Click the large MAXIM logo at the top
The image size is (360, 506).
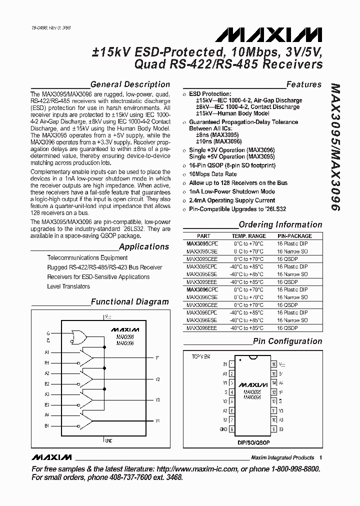[x=268, y=34]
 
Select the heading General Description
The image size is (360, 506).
[x=130, y=84]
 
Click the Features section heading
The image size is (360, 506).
[x=303, y=84]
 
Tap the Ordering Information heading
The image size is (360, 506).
[x=280, y=225]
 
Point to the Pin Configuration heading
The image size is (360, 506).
[x=287, y=341]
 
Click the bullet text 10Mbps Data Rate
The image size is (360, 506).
[x=212, y=174]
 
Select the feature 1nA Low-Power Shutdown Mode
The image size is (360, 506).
[x=232, y=191]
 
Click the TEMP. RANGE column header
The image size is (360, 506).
[x=248, y=236]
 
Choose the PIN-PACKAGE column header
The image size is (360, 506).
[x=294, y=236]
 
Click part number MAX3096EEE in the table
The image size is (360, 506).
[x=202, y=328]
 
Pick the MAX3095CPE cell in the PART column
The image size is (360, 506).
[x=202, y=244]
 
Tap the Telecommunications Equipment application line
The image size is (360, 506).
[x=87, y=257]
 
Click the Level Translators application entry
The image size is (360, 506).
[x=68, y=286]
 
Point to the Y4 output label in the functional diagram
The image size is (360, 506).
[x=157, y=421]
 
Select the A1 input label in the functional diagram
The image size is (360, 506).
[x=47, y=352]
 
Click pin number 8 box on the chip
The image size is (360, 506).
[x=232, y=429]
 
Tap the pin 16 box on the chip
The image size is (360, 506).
[x=274, y=364]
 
